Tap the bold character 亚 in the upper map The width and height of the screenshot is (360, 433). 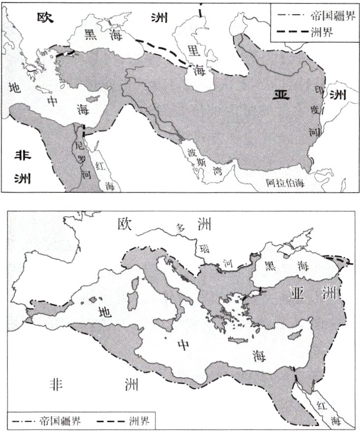[282, 94]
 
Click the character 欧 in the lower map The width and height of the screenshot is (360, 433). [125, 224]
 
